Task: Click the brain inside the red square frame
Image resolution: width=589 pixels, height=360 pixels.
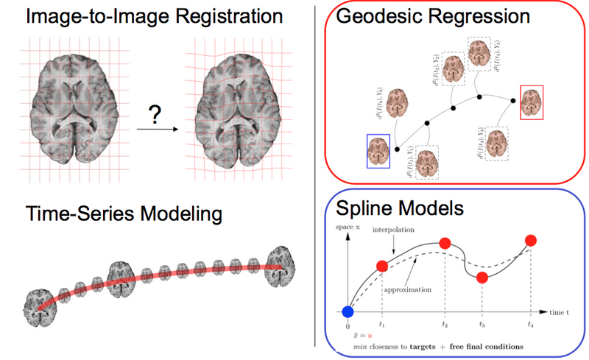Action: pyautogui.click(x=532, y=102)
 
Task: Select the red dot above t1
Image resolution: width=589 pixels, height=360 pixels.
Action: pyautogui.click(x=381, y=267)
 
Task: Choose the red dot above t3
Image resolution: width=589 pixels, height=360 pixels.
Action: pyautogui.click(x=482, y=278)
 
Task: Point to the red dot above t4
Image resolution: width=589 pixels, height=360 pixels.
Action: pyautogui.click(x=530, y=240)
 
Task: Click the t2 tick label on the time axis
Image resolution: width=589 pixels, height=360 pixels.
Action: pyautogui.click(x=445, y=323)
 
